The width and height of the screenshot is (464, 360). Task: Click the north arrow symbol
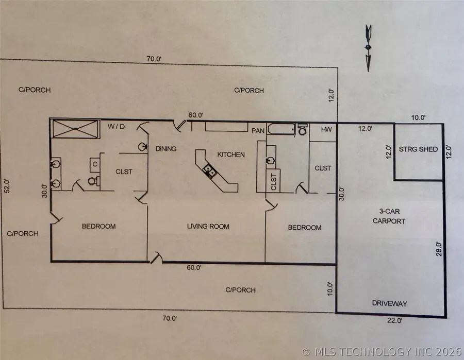point(368,48)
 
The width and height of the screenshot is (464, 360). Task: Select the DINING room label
point(166,149)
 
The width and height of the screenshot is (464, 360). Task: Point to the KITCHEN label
point(230,155)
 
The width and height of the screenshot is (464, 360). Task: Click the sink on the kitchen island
point(209,170)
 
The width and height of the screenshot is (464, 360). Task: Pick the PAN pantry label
point(258,131)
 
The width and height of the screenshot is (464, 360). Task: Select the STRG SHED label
point(418,150)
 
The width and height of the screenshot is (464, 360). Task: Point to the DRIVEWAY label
point(389,303)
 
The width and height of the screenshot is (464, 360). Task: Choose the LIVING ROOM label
point(208,227)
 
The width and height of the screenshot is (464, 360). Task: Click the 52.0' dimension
point(7,185)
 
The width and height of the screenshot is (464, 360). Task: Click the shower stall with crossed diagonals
point(76,129)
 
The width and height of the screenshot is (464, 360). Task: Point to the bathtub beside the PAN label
point(280,129)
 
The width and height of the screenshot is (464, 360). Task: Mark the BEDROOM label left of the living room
point(98,226)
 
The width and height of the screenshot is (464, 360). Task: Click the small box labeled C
point(95,165)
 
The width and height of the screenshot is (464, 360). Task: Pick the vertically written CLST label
point(273,182)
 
